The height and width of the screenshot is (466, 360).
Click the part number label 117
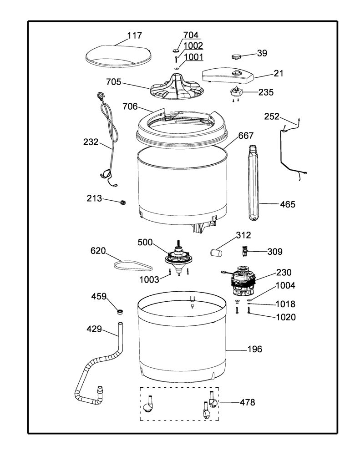click(135, 35)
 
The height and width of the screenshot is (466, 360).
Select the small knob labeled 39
click(237, 56)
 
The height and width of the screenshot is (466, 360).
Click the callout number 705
click(114, 82)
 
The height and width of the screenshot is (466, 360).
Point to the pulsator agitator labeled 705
click(174, 87)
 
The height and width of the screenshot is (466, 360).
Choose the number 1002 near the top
click(193, 46)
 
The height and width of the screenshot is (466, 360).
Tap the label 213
click(94, 198)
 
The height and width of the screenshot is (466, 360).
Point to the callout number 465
click(288, 204)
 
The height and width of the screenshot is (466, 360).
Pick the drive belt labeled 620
click(133, 265)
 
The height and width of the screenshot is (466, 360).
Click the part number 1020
click(286, 317)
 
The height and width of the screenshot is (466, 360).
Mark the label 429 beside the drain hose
click(94, 329)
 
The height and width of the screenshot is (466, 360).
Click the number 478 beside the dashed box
click(247, 402)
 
